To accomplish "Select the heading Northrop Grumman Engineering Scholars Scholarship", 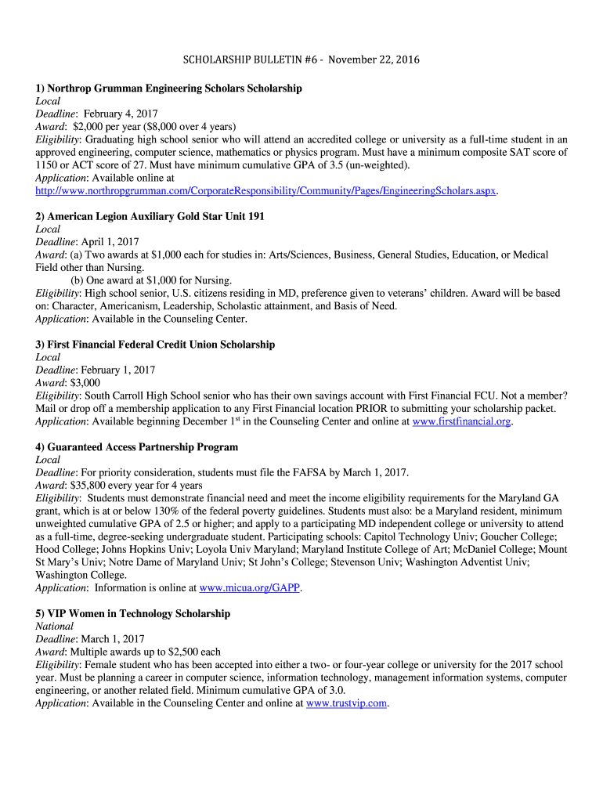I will tap(168, 89).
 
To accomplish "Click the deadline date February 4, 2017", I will tap(121, 114).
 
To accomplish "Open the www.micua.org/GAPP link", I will tap(250, 588).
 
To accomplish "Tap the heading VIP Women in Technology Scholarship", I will tap(133, 614).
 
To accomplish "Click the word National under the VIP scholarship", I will tap(55, 627).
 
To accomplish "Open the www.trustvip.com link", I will tap(346, 703).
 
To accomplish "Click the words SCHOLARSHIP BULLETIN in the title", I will tap(234, 60).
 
